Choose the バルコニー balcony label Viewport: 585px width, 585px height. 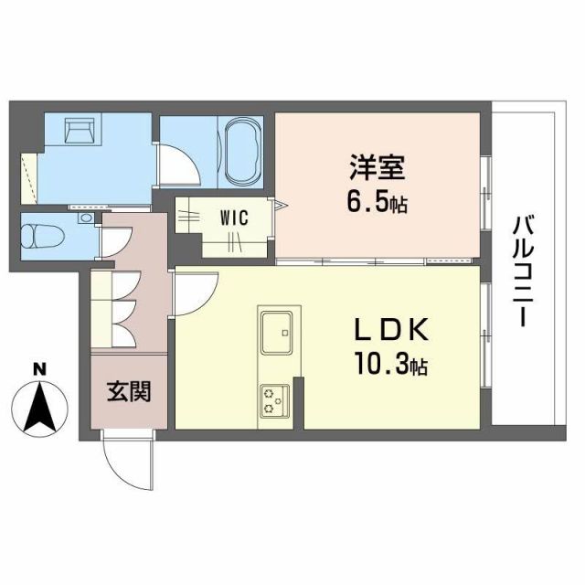click(523, 271)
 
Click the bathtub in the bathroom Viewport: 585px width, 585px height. click(242, 150)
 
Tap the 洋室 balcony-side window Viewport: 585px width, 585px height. click(485, 187)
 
